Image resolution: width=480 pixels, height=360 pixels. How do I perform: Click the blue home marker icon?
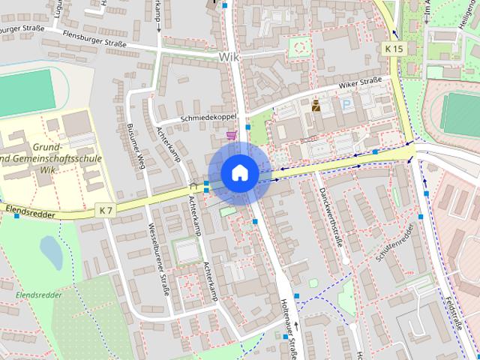tap(239, 172)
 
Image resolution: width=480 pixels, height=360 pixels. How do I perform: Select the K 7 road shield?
tap(106, 211)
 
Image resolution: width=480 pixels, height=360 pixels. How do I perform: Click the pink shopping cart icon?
tap(231, 135)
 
